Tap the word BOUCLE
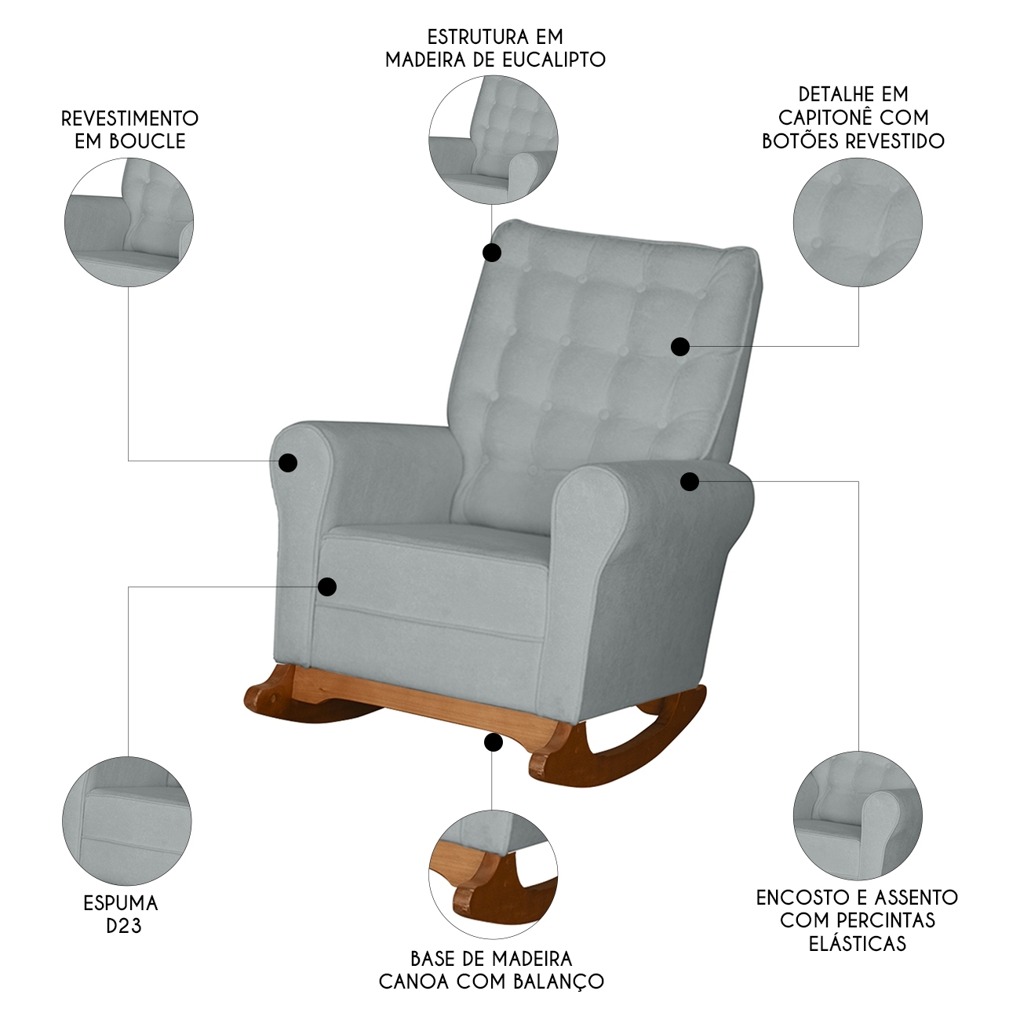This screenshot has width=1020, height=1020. (x=148, y=141)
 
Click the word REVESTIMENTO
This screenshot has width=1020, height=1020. (x=130, y=118)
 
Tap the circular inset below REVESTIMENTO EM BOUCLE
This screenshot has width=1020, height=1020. (x=129, y=223)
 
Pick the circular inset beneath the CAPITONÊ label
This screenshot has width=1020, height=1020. (x=858, y=223)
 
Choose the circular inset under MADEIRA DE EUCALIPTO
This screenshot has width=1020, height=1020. (x=494, y=140)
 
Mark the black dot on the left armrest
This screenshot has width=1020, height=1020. (x=288, y=463)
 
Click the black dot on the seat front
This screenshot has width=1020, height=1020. (x=327, y=586)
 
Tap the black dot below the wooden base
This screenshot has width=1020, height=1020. (x=494, y=742)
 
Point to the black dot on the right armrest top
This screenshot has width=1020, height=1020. (x=690, y=482)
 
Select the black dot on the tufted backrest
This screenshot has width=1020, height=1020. (x=680, y=347)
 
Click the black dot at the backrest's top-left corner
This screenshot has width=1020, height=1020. (x=492, y=253)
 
